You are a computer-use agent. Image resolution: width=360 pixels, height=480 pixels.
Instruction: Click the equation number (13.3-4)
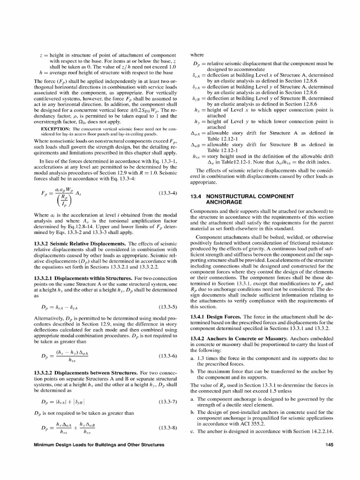[168, 193]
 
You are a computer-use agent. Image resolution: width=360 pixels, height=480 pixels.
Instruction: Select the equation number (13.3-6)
[168, 356]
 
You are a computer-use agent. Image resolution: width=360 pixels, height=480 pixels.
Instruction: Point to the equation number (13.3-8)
[168, 428]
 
